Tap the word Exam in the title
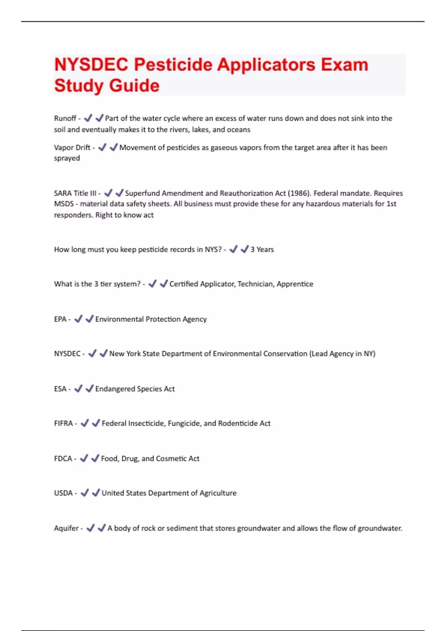345,65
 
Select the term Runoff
65,118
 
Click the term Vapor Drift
72,148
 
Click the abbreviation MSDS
64,204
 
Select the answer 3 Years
262,249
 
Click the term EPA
60,319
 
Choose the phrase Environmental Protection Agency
151,319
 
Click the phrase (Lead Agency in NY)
342,354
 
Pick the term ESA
60,389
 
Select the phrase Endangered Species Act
135,389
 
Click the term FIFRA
64,424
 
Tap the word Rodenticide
238,424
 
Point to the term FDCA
63,459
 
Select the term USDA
64,493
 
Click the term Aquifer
67,528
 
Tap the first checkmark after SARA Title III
108,193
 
